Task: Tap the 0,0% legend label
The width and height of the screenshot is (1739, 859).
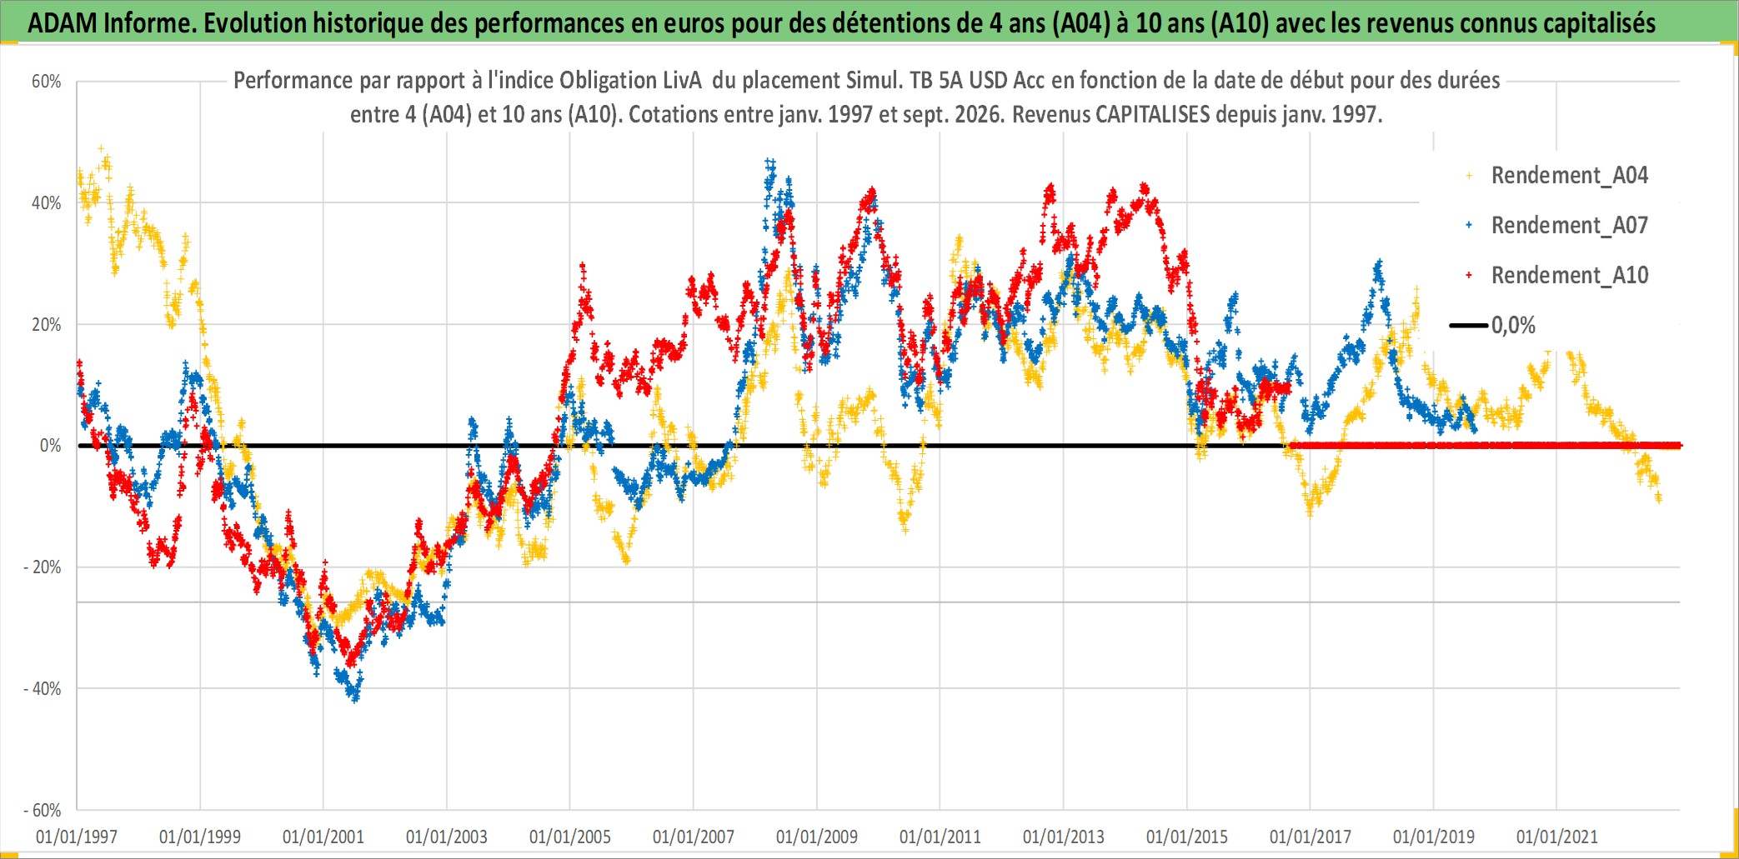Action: pyautogui.click(x=1513, y=326)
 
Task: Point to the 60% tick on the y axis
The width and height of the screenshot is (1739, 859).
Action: pyautogui.click(x=47, y=82)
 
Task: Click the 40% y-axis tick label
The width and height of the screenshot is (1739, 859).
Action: pyautogui.click(x=47, y=203)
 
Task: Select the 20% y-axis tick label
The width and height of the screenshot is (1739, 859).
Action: pyautogui.click(x=47, y=325)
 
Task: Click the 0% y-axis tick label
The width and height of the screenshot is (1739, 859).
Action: pyautogui.click(x=51, y=446)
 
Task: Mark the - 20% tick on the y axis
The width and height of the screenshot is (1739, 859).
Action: pyautogui.click(x=43, y=567)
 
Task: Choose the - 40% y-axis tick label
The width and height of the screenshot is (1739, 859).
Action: pyautogui.click(x=43, y=689)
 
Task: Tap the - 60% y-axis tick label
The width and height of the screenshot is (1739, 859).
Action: pyautogui.click(x=43, y=810)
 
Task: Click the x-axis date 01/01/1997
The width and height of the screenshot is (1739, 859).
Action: pyautogui.click(x=77, y=837)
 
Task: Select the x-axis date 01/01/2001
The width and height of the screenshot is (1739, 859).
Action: pyautogui.click(x=323, y=837)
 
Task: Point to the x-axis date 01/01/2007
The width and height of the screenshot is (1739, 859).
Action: pyautogui.click(x=694, y=837)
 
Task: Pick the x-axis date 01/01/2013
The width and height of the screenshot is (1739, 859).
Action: pyautogui.click(x=1064, y=837)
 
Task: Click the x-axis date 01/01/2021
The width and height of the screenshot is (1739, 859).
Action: pyautogui.click(x=1557, y=837)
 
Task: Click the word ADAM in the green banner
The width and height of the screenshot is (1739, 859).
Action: pyautogui.click(x=62, y=22)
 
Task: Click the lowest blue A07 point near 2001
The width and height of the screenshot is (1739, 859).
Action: pyautogui.click(x=356, y=698)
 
